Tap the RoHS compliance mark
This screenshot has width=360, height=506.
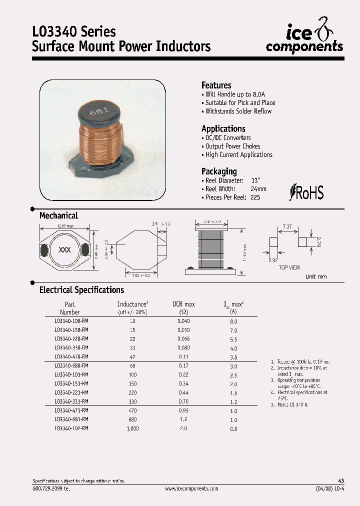coord(307,192)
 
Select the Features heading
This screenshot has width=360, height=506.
coord(216,85)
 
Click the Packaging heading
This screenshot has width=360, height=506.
coord(219,171)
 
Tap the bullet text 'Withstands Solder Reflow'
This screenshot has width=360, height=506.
coord(238,111)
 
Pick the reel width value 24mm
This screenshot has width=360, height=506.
coord(258,189)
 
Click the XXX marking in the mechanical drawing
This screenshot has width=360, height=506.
coord(64,249)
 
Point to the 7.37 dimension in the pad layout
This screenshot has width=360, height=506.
coord(287,227)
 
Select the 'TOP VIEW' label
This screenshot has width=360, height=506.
coord(289,267)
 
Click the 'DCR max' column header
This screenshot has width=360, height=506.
coord(183,304)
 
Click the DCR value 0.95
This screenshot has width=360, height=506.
coord(183,410)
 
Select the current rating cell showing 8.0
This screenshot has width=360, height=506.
coord(233,322)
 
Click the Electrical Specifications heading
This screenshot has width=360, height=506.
coord(81,290)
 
